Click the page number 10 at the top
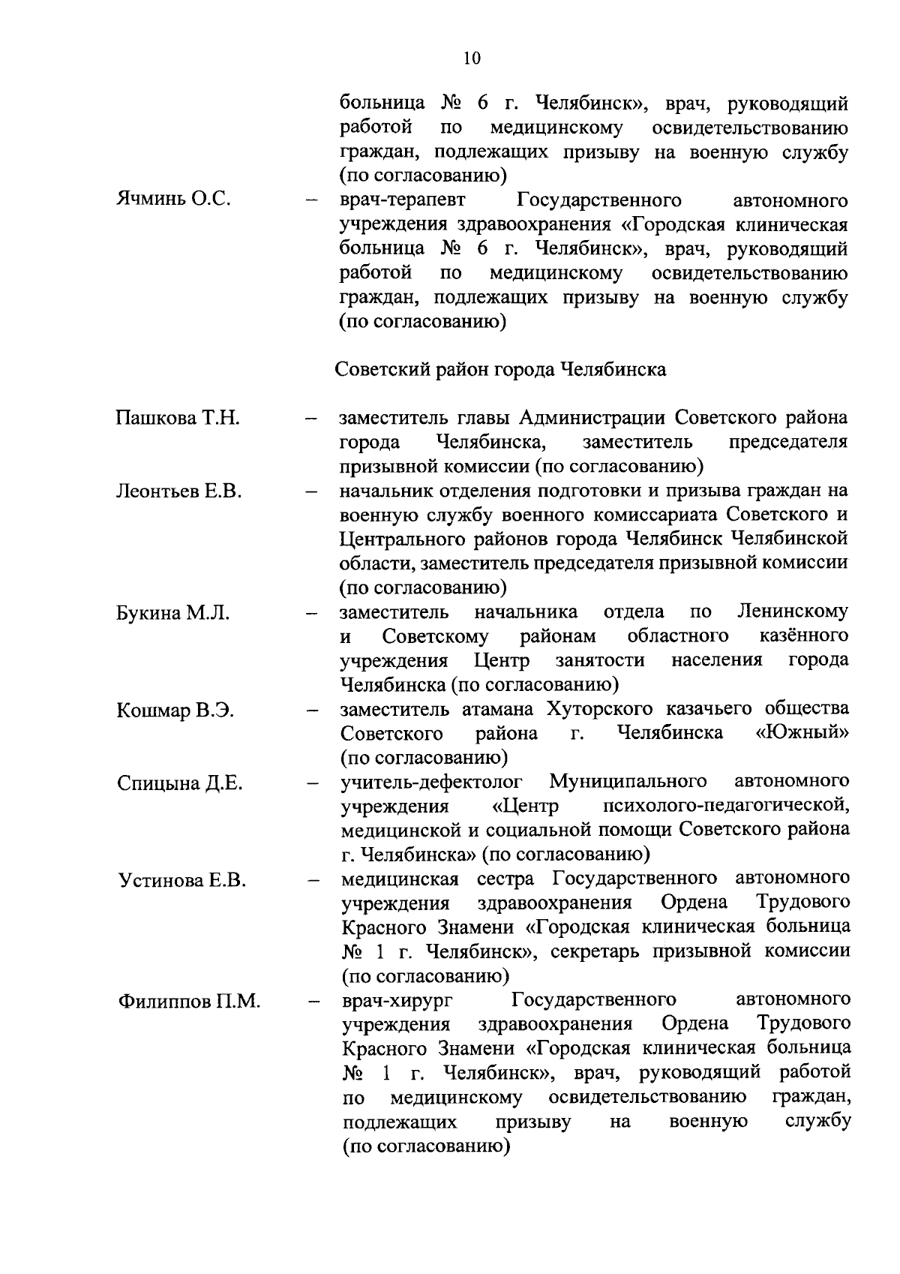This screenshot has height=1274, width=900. pos(472,59)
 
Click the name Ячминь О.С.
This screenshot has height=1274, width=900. pos(172,200)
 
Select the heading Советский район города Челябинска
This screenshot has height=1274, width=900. pos(500,370)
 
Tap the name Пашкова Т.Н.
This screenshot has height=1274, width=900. pos(178,418)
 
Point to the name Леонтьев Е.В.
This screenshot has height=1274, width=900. pos(178,491)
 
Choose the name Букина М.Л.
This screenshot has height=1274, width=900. pos(172,613)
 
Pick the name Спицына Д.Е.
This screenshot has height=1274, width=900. pos(179,783)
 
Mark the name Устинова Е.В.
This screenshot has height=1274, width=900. pos(181,880)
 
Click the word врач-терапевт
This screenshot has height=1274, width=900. pos(402,200)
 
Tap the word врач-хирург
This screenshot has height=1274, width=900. pos(398,1000)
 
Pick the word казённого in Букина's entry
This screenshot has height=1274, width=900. pos(803,636)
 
